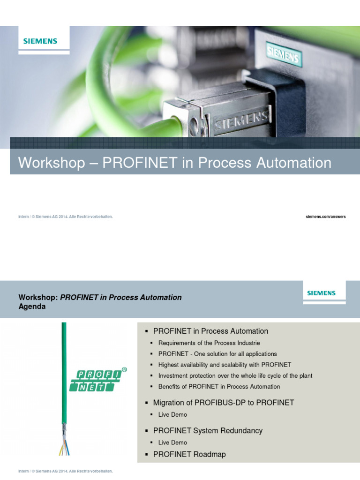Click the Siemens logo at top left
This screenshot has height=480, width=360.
40,41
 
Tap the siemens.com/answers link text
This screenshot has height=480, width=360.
326,217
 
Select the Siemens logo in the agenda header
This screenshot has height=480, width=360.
321,293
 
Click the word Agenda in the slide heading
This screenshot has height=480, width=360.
32,307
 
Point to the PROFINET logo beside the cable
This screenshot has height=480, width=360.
97,380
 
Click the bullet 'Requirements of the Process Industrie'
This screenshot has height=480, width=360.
209,343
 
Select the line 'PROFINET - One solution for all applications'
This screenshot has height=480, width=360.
217,354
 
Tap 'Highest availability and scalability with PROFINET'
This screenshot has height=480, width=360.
225,365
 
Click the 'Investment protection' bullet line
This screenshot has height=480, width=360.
235,375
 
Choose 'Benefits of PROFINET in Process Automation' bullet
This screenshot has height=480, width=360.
219,386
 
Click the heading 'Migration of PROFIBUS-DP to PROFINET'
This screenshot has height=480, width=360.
224,402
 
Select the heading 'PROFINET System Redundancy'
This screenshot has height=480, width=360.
208,430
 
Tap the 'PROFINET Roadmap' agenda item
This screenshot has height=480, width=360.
189,454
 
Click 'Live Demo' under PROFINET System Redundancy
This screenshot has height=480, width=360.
172,442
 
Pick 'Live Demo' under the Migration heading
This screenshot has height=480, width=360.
172,414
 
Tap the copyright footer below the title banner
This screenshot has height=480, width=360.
66,217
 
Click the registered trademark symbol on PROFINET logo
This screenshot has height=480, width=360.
124,369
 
